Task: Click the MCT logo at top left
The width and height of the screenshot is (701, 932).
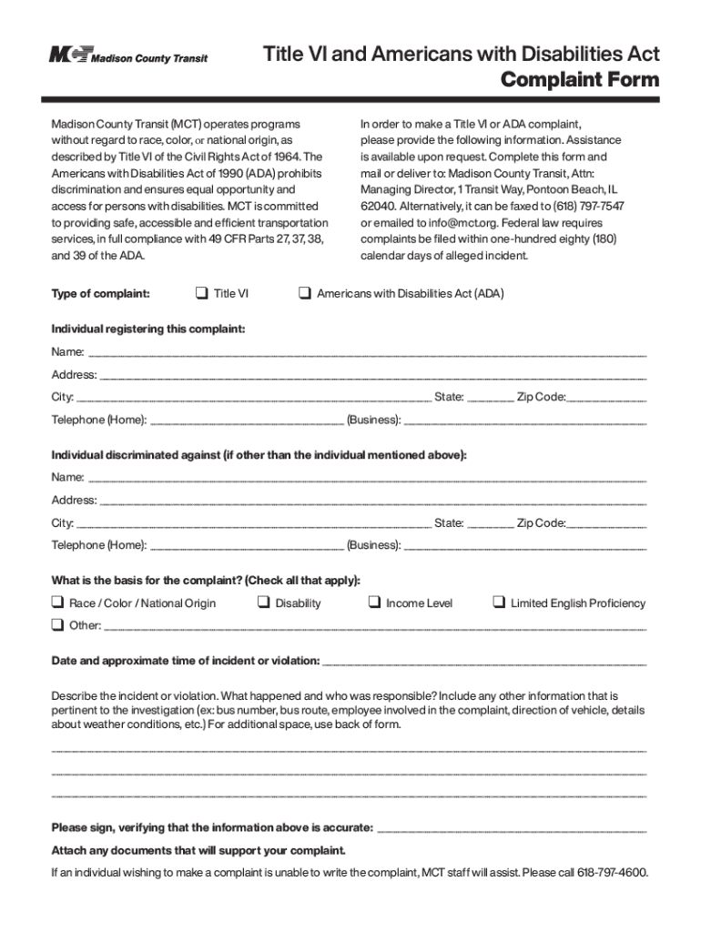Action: (x=127, y=56)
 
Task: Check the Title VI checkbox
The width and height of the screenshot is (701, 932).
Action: (x=201, y=293)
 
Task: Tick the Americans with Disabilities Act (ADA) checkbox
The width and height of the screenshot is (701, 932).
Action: (x=305, y=293)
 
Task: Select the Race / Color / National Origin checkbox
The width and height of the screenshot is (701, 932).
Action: (x=57, y=603)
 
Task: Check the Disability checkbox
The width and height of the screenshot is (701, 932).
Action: (x=263, y=603)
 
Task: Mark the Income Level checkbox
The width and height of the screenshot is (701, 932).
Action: (x=374, y=603)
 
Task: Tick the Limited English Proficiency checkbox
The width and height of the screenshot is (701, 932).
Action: (x=499, y=603)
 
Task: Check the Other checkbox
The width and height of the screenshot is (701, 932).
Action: (x=57, y=625)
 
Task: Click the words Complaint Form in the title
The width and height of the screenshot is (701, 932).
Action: (x=580, y=80)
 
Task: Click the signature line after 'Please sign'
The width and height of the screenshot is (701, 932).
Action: (x=511, y=828)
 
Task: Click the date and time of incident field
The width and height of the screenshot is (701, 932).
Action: (x=484, y=661)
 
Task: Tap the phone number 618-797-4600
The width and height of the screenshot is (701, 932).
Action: (x=612, y=873)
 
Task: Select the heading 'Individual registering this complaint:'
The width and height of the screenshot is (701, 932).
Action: (x=147, y=329)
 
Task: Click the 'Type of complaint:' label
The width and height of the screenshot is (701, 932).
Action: (x=100, y=294)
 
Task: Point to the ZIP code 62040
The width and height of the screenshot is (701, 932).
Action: (x=378, y=206)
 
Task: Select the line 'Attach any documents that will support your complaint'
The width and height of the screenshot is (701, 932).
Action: (x=198, y=850)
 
